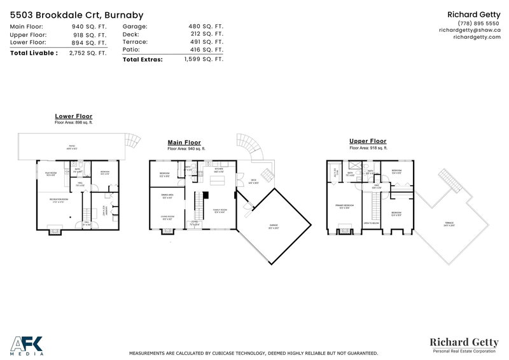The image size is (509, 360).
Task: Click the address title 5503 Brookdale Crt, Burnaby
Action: (77, 15)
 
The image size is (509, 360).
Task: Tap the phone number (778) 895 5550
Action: (470, 23)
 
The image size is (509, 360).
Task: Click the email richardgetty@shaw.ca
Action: (470, 30)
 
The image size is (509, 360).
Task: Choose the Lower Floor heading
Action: (74, 116)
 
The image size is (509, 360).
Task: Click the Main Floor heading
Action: (184, 143)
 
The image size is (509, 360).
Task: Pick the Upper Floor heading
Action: (368, 141)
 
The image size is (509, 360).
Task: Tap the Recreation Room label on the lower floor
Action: (60, 200)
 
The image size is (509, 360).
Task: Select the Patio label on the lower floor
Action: (72, 147)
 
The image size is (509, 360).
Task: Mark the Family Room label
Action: (220, 211)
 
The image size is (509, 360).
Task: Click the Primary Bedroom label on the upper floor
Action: (344, 205)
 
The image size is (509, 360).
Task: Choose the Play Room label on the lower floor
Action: (51, 174)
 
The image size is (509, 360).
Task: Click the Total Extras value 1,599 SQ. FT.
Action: (204, 59)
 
